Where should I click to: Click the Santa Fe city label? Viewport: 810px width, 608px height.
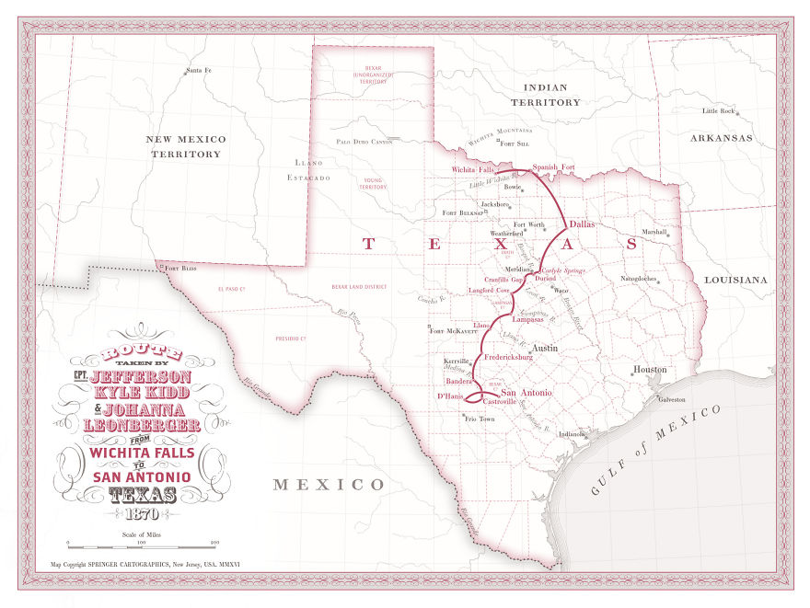click(x=199, y=71)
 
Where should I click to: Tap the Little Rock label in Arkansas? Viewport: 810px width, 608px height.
click(x=719, y=111)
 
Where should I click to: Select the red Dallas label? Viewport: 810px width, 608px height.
click(x=583, y=224)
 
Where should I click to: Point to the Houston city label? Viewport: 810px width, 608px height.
click(x=649, y=370)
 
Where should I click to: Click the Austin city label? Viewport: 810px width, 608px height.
click(x=546, y=349)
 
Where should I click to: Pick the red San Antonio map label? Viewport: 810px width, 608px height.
click(x=526, y=393)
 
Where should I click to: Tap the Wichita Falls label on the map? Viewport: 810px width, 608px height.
click(x=474, y=170)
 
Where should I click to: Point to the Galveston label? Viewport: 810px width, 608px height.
click(x=671, y=399)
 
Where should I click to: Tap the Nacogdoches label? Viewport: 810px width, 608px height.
click(x=639, y=277)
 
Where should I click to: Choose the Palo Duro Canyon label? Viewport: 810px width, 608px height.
click(x=364, y=142)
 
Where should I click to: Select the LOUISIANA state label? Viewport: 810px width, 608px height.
click(x=735, y=279)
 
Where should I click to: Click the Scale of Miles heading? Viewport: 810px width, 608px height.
click(x=141, y=533)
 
